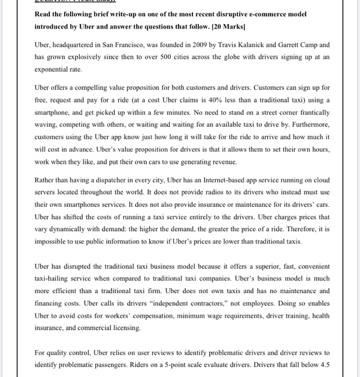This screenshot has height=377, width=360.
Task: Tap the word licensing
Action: [x=110, y=327]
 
